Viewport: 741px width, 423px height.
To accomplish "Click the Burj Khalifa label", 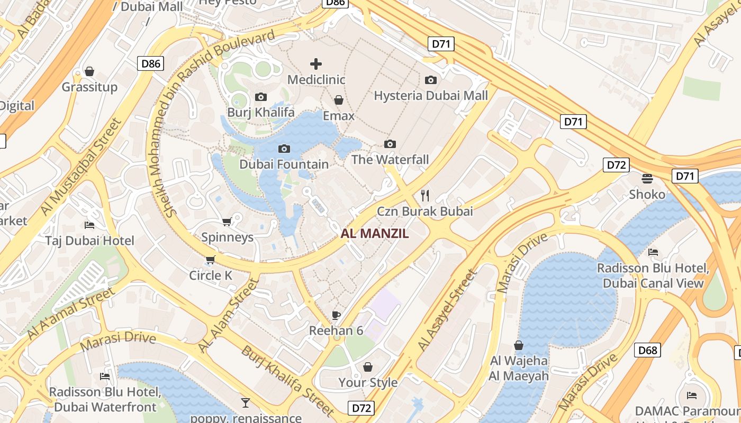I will pyautogui.click(x=261, y=112).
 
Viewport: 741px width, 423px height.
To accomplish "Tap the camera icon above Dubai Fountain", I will pyautogui.click(x=284, y=149).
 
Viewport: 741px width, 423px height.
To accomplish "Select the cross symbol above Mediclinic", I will pyautogui.click(x=316, y=64).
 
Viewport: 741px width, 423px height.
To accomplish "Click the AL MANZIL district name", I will pyautogui.click(x=375, y=233).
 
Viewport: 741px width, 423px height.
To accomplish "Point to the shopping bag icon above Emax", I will pyautogui.click(x=339, y=100).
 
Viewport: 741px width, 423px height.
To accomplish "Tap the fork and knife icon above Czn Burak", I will pyautogui.click(x=424, y=196).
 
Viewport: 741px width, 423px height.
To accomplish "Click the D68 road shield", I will pyautogui.click(x=647, y=350).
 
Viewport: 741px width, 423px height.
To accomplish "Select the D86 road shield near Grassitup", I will pyautogui.click(x=151, y=64).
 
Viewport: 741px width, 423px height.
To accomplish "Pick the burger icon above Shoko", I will pyautogui.click(x=647, y=178).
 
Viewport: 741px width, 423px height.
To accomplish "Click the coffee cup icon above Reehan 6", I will pyautogui.click(x=336, y=315).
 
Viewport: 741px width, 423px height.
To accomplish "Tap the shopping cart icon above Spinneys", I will pyautogui.click(x=227, y=222).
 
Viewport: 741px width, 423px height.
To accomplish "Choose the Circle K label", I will pyautogui.click(x=211, y=275).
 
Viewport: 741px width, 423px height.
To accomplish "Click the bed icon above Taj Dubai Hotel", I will pyautogui.click(x=89, y=225).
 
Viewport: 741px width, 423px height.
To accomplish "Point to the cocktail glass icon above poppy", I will pyautogui.click(x=245, y=403).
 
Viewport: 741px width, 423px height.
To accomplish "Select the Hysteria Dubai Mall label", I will pyautogui.click(x=431, y=96).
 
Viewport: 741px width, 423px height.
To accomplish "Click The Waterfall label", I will pyautogui.click(x=390, y=159).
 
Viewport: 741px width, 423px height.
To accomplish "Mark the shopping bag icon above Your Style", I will pyautogui.click(x=368, y=367).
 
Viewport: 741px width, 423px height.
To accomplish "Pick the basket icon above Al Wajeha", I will pyautogui.click(x=519, y=346).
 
